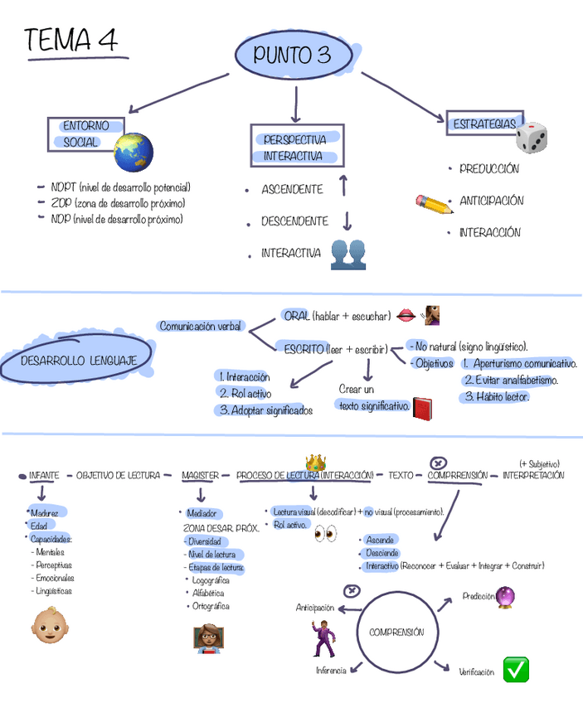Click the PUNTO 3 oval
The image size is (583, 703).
(x=292, y=56)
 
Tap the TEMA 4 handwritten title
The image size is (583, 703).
(x=71, y=41)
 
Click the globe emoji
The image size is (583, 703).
(x=134, y=151)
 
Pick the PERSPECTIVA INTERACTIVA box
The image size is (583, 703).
(x=296, y=147)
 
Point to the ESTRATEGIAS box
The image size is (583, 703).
(x=484, y=124)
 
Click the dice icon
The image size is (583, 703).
(x=531, y=137)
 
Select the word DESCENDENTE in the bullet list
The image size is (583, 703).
(x=294, y=221)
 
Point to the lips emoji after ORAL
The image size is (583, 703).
(x=406, y=315)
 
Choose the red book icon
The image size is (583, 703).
(x=423, y=408)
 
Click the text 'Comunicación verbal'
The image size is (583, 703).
(x=200, y=326)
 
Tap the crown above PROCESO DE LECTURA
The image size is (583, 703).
(x=315, y=462)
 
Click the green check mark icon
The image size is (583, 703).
(x=516, y=668)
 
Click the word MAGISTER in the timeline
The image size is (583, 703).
(x=200, y=476)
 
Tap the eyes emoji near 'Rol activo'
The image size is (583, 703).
(x=325, y=534)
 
